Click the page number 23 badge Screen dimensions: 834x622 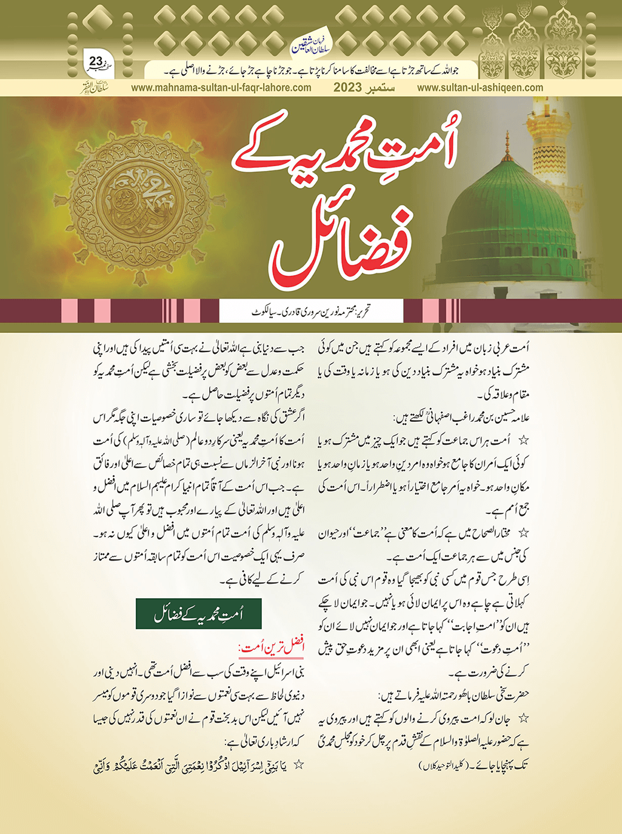tap(96, 62)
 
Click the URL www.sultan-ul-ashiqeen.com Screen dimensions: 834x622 tap(480, 88)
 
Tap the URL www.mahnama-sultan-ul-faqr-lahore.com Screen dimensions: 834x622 tap(221, 88)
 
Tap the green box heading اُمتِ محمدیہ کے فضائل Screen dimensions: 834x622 tap(198, 615)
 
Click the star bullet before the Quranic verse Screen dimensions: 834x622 tap(298, 765)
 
